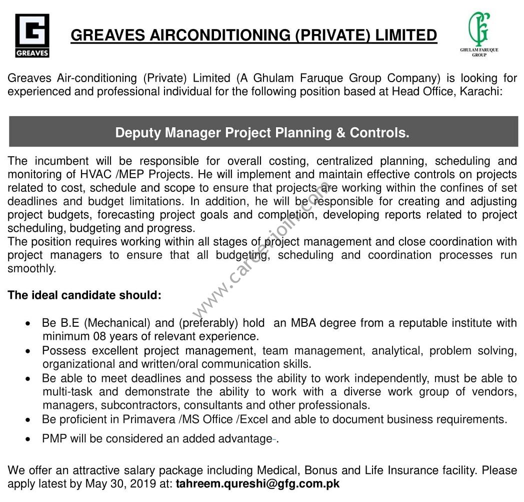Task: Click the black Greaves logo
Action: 32,36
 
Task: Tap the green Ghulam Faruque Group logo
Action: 479,34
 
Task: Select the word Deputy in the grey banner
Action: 138,133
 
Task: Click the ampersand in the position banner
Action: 339,133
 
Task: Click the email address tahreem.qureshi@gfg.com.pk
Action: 257,484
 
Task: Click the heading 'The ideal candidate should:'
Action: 84,295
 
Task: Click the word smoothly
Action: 31,268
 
